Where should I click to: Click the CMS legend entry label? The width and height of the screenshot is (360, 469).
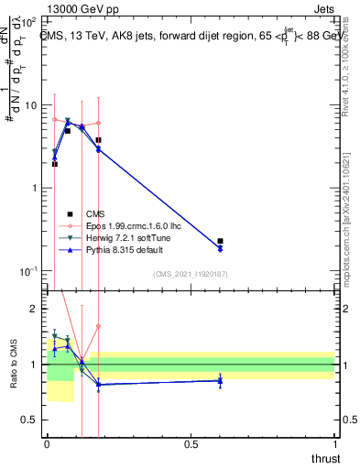(x=94, y=213)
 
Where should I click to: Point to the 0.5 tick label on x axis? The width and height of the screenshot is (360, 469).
(x=191, y=444)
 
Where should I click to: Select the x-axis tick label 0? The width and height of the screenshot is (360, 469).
(x=47, y=444)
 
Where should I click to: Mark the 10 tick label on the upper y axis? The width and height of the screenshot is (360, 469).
(x=32, y=105)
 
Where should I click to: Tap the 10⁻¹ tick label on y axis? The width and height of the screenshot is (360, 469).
(x=29, y=272)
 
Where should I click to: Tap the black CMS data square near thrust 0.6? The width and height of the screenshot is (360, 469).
(x=220, y=241)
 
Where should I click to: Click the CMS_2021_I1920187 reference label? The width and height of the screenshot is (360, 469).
(x=191, y=274)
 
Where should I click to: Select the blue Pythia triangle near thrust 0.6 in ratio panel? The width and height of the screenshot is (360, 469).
(x=220, y=380)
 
